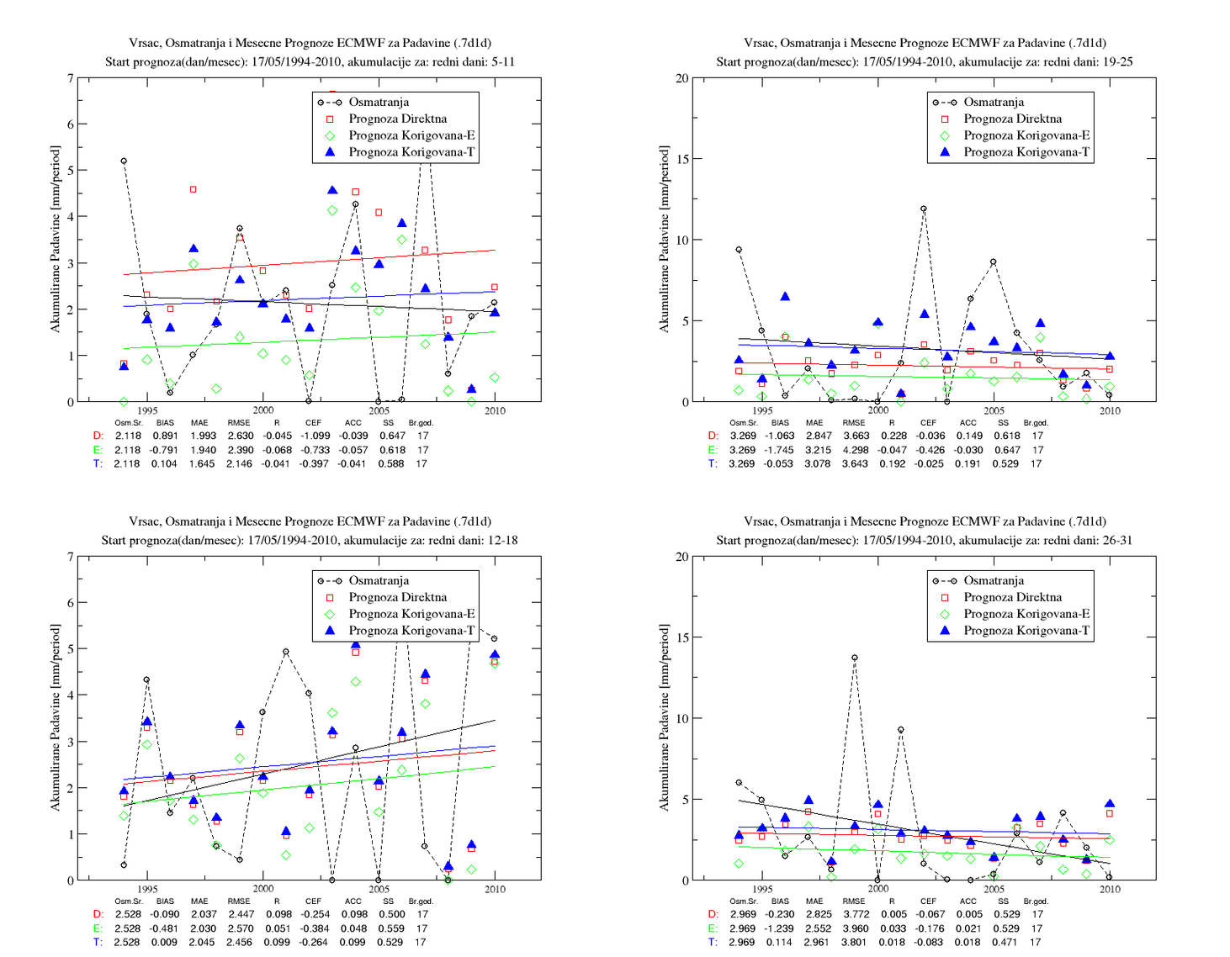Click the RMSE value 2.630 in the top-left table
(x=241, y=436)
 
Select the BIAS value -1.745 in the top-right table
(x=779, y=450)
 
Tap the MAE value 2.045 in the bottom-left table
(x=202, y=942)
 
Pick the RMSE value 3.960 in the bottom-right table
(x=855, y=928)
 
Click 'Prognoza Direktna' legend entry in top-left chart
(x=397, y=119)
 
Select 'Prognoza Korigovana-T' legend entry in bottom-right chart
(x=1026, y=630)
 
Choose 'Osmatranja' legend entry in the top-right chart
(x=994, y=102)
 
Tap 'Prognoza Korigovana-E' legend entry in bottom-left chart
(x=411, y=614)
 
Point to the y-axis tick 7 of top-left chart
(x=71, y=78)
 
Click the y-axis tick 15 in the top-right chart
(x=681, y=159)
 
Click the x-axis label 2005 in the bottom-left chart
(x=379, y=889)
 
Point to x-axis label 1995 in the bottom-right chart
(x=762, y=889)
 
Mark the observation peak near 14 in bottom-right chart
(x=854, y=658)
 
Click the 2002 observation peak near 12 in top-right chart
(x=923, y=209)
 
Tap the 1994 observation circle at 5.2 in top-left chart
(x=124, y=161)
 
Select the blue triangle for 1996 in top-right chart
(x=785, y=296)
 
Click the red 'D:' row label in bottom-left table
(x=98, y=914)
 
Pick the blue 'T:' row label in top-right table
(x=713, y=463)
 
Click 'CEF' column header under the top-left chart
(x=313, y=422)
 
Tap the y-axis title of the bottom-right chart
(x=664, y=717)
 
